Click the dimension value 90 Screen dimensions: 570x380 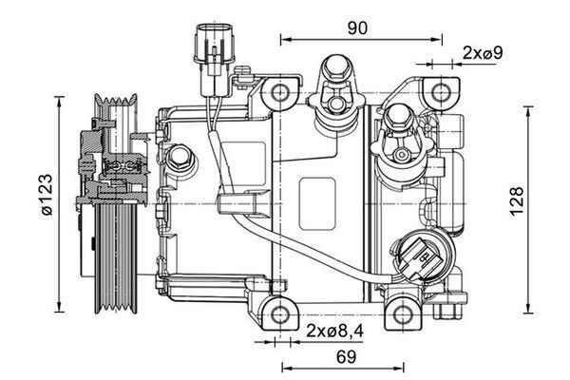click(x=357, y=28)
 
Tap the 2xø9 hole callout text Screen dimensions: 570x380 click(x=483, y=53)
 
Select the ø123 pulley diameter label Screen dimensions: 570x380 click(x=47, y=195)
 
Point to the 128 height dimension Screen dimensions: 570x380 click(x=517, y=201)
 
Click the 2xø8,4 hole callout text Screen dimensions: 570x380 click(x=334, y=332)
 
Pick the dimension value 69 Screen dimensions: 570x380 click(x=346, y=357)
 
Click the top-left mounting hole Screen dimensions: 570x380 click(x=280, y=92)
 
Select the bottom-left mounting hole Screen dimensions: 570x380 click(x=280, y=313)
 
